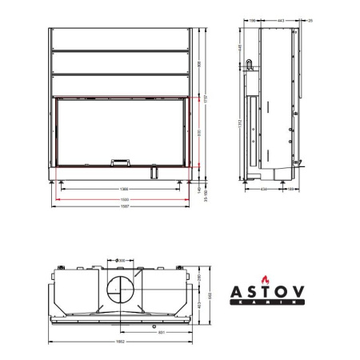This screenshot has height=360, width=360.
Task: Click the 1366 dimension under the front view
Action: pyautogui.click(x=124, y=190)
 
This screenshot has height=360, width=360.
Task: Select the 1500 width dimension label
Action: pyautogui.click(x=124, y=198)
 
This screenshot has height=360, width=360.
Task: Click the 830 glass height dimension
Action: pyautogui.click(x=198, y=131)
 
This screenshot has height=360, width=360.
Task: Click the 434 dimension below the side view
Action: pyautogui.click(x=263, y=190)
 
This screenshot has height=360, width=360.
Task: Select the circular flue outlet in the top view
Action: pyautogui.click(x=121, y=288)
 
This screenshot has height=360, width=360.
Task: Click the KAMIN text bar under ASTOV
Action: pyautogui.click(x=270, y=302)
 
